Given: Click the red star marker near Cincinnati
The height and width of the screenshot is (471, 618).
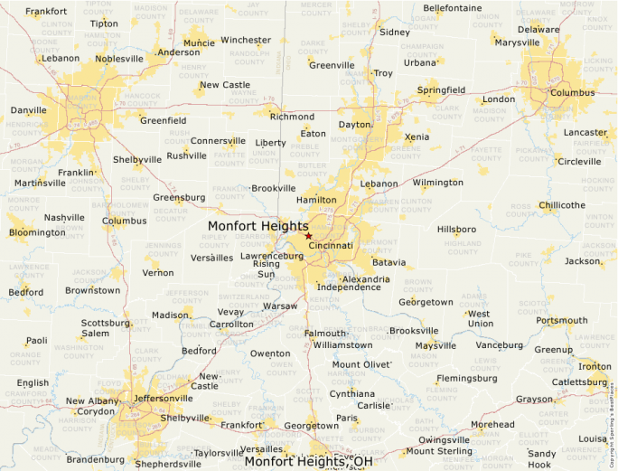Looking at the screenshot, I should [308, 235].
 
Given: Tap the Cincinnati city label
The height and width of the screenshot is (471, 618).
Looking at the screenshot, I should [330, 245].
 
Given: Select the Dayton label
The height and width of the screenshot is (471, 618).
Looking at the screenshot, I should [354, 124].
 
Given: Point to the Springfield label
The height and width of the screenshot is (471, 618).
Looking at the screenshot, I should [441, 90].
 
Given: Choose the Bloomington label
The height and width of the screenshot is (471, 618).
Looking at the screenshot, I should [37, 232].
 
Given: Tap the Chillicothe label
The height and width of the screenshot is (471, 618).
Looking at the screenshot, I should [562, 205].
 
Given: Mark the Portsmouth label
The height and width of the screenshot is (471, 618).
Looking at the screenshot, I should [561, 320].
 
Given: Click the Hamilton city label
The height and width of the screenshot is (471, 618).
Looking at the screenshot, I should [316, 200].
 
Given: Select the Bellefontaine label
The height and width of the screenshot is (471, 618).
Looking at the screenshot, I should [453, 8].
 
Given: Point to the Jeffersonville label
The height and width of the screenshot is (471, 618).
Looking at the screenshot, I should [163, 398].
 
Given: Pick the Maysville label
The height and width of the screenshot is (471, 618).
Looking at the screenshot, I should [435, 345].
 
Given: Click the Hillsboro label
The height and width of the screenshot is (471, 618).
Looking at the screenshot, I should [456, 229].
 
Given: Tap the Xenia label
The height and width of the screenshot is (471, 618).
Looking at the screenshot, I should [417, 137].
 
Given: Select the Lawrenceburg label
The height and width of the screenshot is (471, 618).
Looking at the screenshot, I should [271, 256].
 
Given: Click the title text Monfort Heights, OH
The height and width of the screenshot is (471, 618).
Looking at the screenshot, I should [308, 461].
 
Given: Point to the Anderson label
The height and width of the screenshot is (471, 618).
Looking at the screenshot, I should [178, 52].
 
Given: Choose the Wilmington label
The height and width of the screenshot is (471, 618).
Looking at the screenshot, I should [437, 182].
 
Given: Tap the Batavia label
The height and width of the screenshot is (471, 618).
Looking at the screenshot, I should [389, 262].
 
